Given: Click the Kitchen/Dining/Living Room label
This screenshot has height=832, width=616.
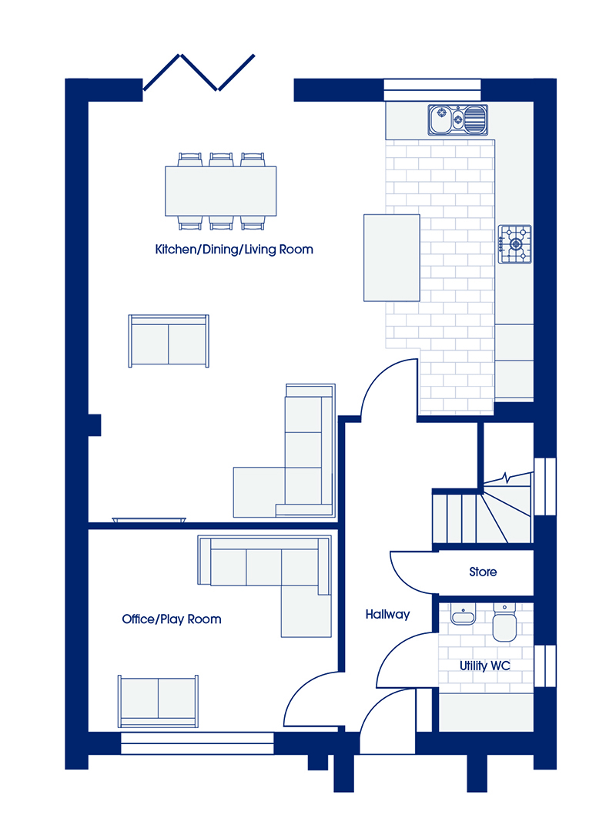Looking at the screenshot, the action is click(x=234, y=250).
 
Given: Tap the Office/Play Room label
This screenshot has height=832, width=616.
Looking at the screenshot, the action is click(x=172, y=619).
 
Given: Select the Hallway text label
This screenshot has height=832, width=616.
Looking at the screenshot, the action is click(x=387, y=615).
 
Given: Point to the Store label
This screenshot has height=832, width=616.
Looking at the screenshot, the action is click(x=483, y=572).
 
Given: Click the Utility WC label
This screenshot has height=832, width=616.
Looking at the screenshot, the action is click(x=485, y=666).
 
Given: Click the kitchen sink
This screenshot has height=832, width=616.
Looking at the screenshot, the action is click(x=458, y=119).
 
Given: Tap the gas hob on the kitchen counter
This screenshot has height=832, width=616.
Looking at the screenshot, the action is click(x=514, y=244).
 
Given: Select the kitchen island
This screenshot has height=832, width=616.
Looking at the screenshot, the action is click(x=392, y=258).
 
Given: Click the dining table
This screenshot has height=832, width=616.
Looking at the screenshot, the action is click(x=221, y=191).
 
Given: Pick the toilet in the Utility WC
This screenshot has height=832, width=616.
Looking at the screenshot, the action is click(x=504, y=623).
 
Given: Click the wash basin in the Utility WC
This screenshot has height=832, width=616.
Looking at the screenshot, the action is click(x=463, y=615).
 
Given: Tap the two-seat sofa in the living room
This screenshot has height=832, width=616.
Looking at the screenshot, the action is click(x=169, y=341).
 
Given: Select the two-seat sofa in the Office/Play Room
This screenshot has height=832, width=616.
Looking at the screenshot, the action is click(x=158, y=701).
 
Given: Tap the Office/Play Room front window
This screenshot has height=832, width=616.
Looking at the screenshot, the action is click(x=197, y=743).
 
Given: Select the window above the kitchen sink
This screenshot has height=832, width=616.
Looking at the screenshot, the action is click(x=432, y=89).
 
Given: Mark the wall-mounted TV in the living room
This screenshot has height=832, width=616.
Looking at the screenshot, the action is click(x=149, y=520).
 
